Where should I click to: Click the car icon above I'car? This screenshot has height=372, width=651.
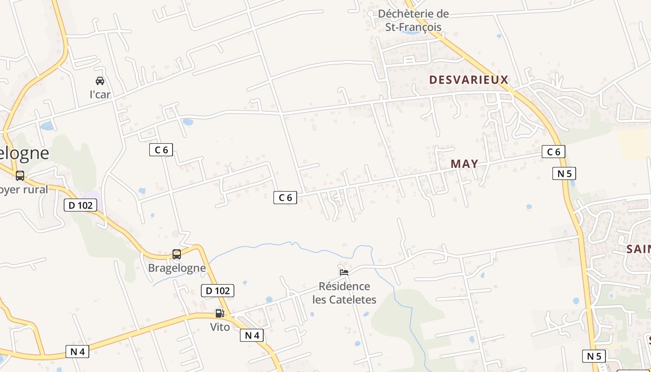pos(100,81)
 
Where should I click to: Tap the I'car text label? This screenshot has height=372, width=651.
pos(100,95)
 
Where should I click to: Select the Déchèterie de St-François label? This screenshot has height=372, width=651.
pos(413,20)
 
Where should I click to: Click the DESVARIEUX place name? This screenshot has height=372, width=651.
pos(469,80)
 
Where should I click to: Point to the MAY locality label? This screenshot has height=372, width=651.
pos(464,164)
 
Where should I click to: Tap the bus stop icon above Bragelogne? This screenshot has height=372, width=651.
pos(177,254)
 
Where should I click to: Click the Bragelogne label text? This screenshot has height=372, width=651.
pos(177,268)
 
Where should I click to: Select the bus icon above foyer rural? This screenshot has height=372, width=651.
pos(20,176)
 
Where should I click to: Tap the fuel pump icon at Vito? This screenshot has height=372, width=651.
pos(219,313)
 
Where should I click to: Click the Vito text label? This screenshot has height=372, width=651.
pos(220,327)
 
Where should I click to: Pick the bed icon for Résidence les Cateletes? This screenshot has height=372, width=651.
pos(344,272)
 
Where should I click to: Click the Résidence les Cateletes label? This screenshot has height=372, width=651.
pos(344,293)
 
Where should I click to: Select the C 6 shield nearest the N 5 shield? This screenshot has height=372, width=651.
pos(553,152)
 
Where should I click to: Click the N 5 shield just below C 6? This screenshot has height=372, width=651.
pos(564,173)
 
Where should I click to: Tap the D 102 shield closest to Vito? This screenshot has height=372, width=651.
pos(218,291)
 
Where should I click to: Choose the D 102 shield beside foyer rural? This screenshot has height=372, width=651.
pos(80,205)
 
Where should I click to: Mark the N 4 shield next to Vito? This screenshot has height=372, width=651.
pos(252,335)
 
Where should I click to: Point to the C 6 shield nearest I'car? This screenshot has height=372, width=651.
pos(161,150)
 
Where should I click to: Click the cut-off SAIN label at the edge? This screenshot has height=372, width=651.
pos(638,249)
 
